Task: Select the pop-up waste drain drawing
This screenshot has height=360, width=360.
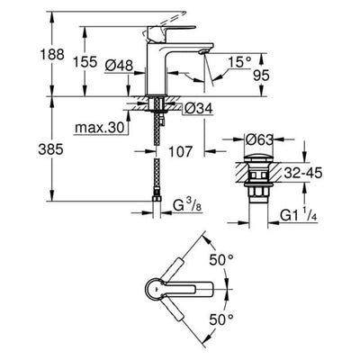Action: click(260, 180)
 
